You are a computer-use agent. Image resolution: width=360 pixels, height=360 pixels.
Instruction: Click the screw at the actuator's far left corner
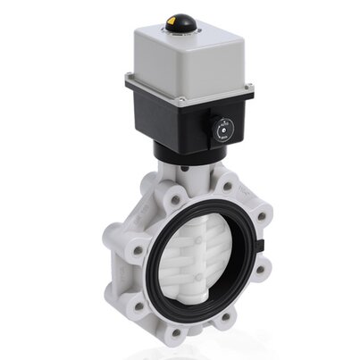pos(130,78)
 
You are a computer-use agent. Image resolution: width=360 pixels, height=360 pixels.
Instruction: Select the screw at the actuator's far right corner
pos(249,88)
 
